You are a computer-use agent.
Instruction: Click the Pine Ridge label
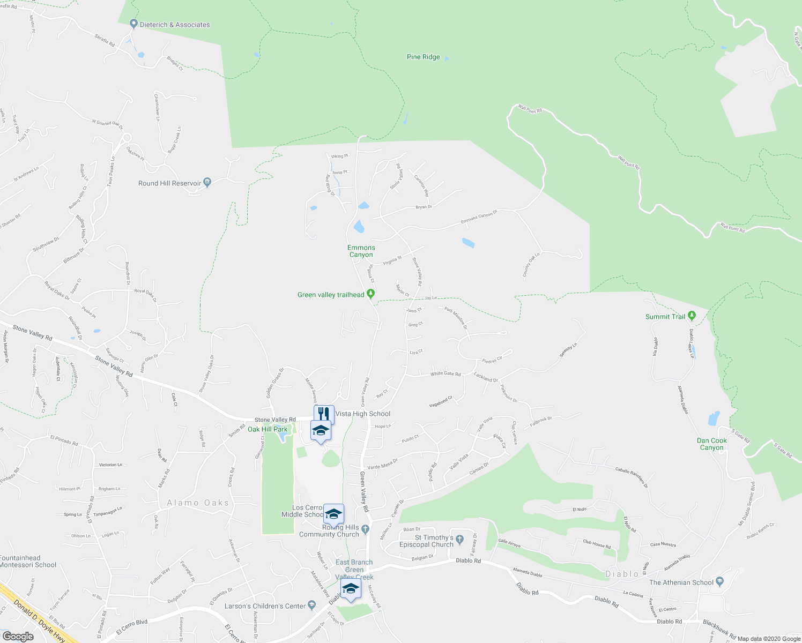(x=423, y=57)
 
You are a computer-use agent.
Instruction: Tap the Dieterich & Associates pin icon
(x=133, y=24)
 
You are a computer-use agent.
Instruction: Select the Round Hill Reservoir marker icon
(x=207, y=183)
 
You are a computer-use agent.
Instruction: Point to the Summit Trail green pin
(x=692, y=316)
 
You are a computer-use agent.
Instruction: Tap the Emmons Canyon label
(x=361, y=251)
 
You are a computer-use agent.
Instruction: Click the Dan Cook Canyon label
(x=712, y=444)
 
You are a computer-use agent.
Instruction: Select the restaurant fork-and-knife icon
(x=323, y=414)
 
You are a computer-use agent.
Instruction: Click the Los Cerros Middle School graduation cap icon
(x=333, y=513)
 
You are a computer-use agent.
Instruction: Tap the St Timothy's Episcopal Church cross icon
(x=459, y=537)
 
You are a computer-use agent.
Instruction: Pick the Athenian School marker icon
(x=719, y=582)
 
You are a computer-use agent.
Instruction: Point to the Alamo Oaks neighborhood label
(x=198, y=503)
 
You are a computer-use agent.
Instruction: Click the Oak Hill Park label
(x=268, y=429)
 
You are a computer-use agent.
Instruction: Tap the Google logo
(x=18, y=636)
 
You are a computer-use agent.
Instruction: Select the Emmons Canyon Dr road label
(x=479, y=217)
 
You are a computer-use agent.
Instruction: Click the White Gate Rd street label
(x=445, y=373)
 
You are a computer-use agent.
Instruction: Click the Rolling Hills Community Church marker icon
(x=366, y=529)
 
